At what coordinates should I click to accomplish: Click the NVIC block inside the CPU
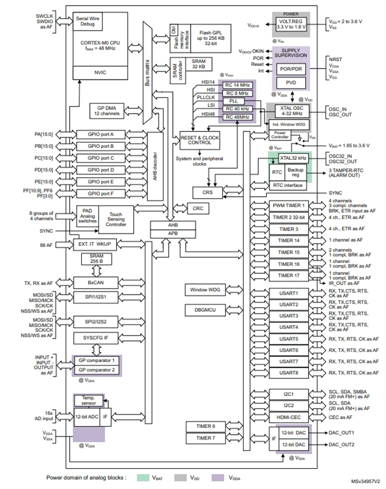pos(101,72)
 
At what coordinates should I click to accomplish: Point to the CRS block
pos(206,192)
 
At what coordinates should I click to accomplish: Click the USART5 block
pos(289,339)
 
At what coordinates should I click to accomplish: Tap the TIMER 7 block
pos(205,438)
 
